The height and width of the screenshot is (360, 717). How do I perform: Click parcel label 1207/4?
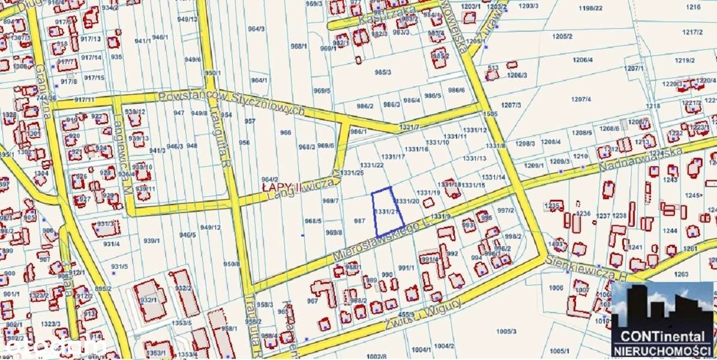(581, 99)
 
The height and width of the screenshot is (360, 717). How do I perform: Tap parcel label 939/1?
(151, 241)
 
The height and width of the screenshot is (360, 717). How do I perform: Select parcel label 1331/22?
(371, 165)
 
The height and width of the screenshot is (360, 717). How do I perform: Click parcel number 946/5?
(188, 235)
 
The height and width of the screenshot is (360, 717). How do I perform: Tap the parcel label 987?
(359, 221)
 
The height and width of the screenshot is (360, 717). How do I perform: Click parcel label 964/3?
(256, 28)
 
